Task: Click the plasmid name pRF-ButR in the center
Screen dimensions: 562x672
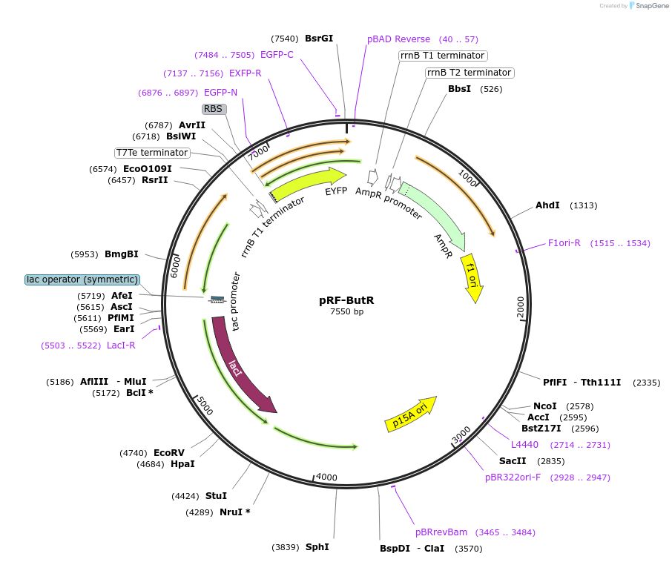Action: tap(346, 300)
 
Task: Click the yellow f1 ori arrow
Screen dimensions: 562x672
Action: tap(472, 278)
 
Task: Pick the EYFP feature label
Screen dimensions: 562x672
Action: tap(336, 191)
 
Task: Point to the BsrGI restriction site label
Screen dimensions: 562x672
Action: tap(319, 39)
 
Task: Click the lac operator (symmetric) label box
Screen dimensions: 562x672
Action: tap(82, 280)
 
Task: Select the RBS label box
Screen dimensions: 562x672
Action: tap(213, 108)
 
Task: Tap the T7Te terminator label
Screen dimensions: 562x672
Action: tap(152, 153)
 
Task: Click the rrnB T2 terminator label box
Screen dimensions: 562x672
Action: tap(470, 73)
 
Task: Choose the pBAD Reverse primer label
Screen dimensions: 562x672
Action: tap(398, 39)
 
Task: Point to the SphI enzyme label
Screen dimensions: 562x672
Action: tap(317, 547)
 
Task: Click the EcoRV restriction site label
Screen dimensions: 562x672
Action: tap(168, 453)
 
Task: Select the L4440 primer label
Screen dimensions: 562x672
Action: tap(525, 445)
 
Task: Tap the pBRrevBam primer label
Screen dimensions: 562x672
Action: tap(441, 532)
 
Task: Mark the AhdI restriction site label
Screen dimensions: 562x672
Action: tap(547, 205)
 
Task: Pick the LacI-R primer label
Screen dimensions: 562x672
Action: tap(121, 346)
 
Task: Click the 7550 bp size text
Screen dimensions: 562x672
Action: tap(346, 311)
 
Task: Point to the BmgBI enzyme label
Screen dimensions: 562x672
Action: tap(122, 254)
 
